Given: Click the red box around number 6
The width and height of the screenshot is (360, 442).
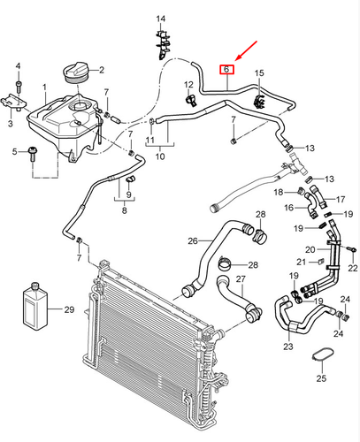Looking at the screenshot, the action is point(226,70).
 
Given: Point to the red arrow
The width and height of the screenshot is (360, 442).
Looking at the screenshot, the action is point(247,51).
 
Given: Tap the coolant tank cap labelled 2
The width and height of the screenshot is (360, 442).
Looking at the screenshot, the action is point(76,73).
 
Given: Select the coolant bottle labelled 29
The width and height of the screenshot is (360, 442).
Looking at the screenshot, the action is point(35,306).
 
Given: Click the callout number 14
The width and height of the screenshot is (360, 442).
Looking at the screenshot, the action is point(161,19).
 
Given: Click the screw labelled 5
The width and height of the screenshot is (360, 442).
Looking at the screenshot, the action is point(32,154).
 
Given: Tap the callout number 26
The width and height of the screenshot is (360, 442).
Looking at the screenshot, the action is point(193,241).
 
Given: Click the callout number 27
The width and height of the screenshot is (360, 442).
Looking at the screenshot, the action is point(241,278).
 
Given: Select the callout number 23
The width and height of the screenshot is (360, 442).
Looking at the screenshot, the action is point(288,347).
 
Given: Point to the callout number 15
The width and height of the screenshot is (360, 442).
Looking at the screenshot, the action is point(259,72).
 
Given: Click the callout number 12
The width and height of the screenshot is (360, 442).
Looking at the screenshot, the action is point(188,85).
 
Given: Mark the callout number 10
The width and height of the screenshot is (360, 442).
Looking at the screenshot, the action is point(160,156).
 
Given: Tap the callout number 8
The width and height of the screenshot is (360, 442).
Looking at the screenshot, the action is point(125,210).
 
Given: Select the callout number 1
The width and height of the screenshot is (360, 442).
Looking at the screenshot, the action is point(44,88).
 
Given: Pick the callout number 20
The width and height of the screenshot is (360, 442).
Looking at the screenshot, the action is point(310,250).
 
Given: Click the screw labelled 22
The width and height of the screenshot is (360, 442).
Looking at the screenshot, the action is point(351,249).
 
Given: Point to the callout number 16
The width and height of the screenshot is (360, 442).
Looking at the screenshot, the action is point(289,208).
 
